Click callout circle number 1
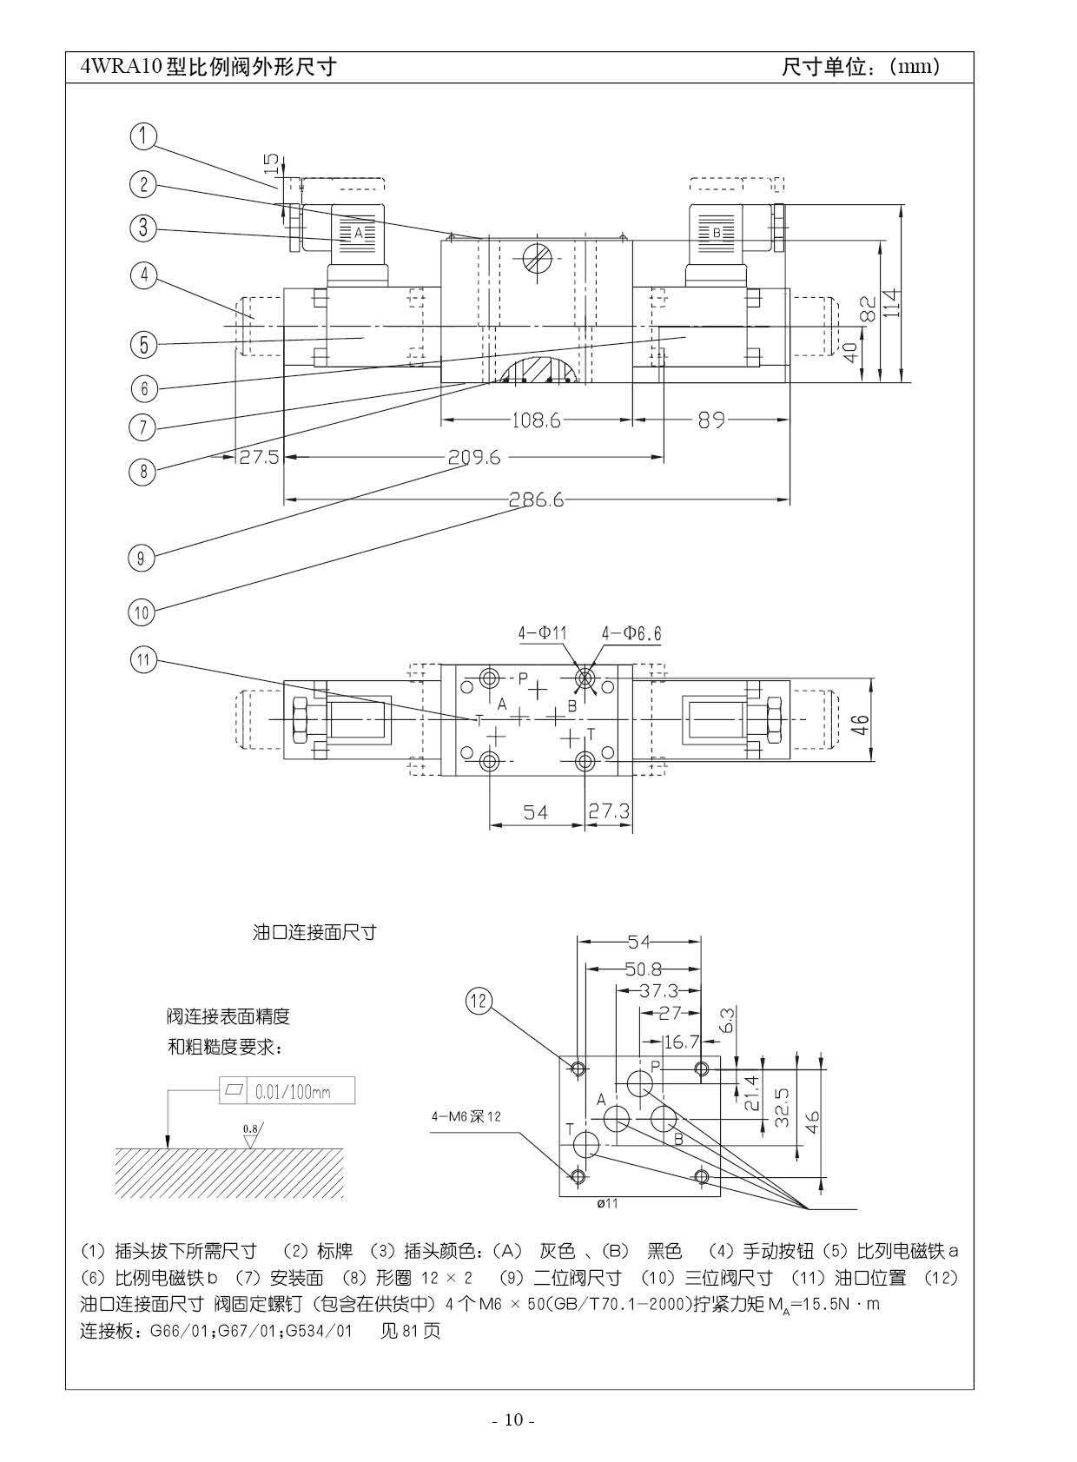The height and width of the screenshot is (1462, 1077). click(143, 136)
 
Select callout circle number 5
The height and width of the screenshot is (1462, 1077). click(143, 344)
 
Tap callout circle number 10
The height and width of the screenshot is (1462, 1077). click(142, 612)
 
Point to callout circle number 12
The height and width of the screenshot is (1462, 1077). click(479, 1001)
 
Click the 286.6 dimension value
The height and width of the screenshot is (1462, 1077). click(536, 499)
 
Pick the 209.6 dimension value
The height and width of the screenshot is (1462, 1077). click(474, 457)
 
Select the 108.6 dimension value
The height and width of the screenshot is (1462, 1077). click(536, 420)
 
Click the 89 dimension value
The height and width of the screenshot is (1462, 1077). click(711, 420)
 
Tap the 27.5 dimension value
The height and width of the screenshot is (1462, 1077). click(259, 457)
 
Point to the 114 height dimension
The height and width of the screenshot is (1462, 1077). click(893, 302)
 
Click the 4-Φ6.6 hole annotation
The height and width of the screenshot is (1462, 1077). click(631, 634)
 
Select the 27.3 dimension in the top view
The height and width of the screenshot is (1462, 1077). click(609, 811)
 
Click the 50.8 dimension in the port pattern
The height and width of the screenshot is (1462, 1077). click(644, 969)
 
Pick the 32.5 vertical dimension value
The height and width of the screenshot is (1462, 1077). click(782, 1108)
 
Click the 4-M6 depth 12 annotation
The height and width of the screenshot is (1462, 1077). click(466, 1117)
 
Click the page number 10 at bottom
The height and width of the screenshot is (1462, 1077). click(513, 1420)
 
